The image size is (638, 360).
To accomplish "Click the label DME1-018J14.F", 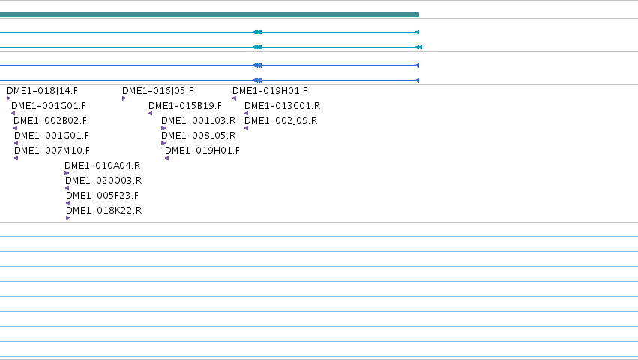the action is [42, 91].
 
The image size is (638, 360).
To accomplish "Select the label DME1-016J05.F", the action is [158, 91].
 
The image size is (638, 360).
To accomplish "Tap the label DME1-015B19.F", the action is [185, 106].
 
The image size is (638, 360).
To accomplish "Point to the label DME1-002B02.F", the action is [50, 121].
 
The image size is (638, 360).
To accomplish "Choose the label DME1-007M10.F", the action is [52, 151].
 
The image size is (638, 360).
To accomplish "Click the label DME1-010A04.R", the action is [103, 166].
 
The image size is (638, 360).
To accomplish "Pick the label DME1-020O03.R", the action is [103, 181].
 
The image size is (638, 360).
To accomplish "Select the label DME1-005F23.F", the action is [102, 196].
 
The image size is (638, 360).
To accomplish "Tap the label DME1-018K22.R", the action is [103, 211].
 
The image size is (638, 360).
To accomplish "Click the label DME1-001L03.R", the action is [198, 121].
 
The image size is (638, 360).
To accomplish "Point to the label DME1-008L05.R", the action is [198, 136].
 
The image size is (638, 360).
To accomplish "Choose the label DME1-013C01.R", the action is [283, 106].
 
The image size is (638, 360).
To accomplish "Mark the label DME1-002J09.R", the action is [280, 121].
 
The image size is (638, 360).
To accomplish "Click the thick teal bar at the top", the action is [210, 14].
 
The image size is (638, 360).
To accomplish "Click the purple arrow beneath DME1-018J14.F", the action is [8, 98].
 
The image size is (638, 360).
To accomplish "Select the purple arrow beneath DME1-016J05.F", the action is [124, 98].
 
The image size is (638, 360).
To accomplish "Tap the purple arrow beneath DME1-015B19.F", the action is [150, 113].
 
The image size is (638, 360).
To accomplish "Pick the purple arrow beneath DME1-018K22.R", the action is [67, 218].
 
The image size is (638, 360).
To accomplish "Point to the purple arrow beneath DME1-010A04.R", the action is [67, 173].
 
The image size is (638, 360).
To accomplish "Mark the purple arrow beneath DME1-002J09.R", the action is [246, 128].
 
